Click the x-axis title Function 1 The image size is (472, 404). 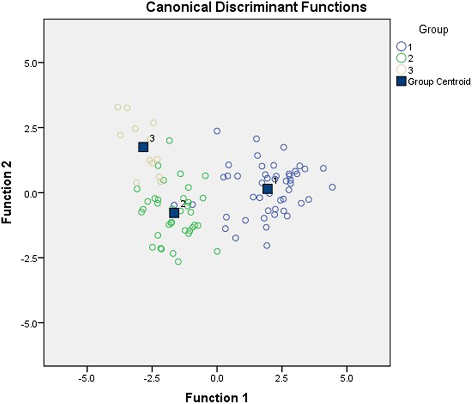tap(217, 397)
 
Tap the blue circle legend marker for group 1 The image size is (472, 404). tap(401, 46)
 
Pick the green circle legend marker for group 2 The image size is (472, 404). tap(401, 58)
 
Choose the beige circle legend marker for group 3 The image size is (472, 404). tap(401, 70)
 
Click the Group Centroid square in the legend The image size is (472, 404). tap(401, 81)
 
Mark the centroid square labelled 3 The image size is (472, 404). tap(143, 147)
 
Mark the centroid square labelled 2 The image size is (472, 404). tap(174, 213)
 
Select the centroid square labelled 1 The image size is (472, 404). tap(267, 189)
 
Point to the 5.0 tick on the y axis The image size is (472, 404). tap(31, 63)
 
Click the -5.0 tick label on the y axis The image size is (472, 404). tap(30, 323)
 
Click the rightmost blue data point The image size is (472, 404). tap(332, 187)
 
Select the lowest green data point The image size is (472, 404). tap(178, 262)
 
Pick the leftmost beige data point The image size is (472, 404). tap(118, 107)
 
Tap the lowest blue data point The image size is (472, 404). tap(267, 246)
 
